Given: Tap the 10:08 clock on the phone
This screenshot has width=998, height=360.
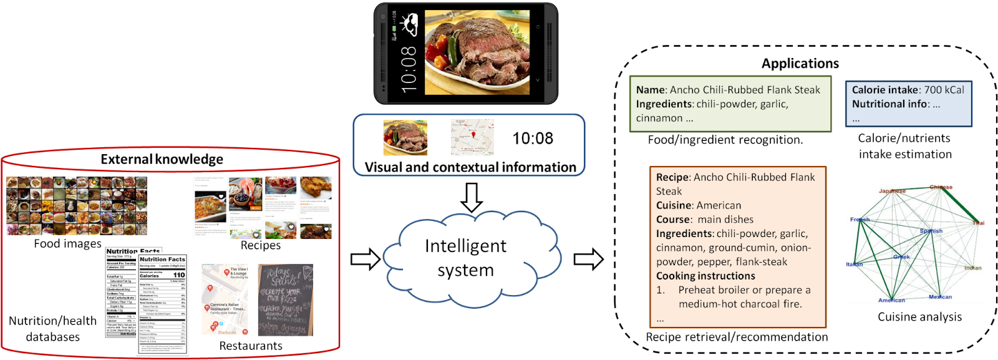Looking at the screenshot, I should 409,69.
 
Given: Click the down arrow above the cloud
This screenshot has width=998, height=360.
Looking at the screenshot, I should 472,197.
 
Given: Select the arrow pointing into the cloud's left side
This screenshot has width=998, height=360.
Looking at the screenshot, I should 366,259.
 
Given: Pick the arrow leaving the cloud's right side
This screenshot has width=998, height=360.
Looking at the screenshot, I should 588,259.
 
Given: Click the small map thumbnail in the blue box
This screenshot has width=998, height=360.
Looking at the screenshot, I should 472,137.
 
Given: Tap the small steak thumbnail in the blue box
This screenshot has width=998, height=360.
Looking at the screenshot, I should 405,137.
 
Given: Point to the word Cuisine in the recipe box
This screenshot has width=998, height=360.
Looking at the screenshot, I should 674,205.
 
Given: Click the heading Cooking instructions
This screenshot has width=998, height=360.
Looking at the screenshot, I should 705,276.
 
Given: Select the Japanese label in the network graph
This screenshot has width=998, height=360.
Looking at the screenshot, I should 892,191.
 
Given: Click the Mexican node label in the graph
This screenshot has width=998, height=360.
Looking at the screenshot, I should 940,297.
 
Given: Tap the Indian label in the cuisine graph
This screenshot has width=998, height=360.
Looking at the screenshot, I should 972,268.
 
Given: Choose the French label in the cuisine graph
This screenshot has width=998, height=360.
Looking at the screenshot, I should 860,220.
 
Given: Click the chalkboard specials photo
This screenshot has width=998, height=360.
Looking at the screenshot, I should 286,299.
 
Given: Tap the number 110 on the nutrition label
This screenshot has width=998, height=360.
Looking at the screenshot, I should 179,275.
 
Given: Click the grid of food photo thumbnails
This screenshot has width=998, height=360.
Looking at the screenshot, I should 77,206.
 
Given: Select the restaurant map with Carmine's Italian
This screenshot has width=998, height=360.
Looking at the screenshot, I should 225,299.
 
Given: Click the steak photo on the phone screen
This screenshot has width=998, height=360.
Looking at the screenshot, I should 477,52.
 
